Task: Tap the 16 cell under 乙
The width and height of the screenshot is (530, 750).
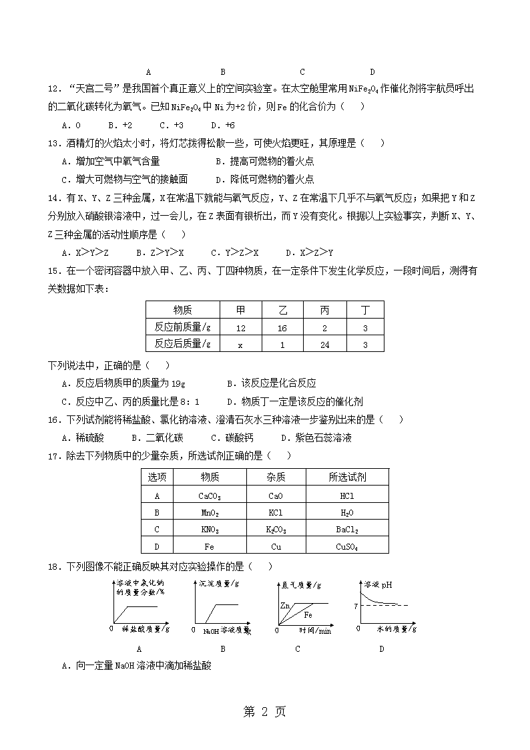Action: [x=282, y=328]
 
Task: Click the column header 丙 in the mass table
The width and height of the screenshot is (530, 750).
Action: [x=324, y=310]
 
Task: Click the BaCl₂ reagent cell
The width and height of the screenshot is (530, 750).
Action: [x=347, y=530]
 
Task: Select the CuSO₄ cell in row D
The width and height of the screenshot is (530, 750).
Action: [x=347, y=546]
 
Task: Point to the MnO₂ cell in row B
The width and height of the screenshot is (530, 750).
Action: [x=210, y=513]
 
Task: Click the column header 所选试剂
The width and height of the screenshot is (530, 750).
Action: [x=347, y=478]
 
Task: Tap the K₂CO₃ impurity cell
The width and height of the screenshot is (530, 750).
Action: [x=276, y=530]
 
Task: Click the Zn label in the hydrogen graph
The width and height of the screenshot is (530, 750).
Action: [x=285, y=606]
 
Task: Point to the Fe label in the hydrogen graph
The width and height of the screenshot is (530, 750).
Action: [x=308, y=614]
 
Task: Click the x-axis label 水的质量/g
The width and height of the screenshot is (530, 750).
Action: [x=396, y=629]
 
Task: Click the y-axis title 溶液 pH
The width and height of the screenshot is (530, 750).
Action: [x=378, y=584]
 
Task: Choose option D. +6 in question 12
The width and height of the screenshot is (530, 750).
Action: [x=223, y=125]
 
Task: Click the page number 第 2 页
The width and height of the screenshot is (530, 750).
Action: [x=265, y=712]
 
